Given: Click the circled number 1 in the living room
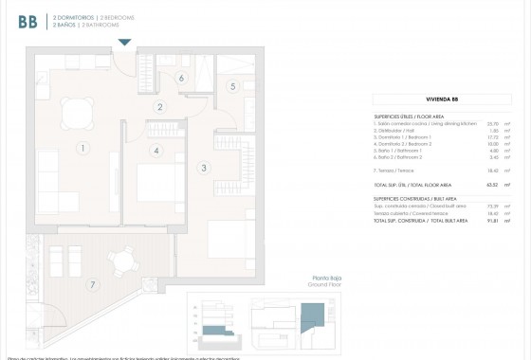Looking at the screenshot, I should tap(83, 148).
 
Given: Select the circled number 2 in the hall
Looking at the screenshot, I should tap(161, 107).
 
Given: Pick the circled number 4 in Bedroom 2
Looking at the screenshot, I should tap(156, 150).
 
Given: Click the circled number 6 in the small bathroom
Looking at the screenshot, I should tap(180, 78).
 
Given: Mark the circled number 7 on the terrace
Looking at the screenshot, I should tap(92, 284).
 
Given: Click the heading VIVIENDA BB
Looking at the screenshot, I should tap(442, 99).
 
